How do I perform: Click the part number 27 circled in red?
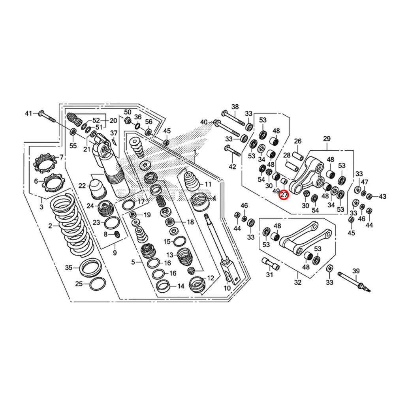284,194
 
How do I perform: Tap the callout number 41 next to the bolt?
28,114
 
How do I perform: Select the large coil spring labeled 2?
71,225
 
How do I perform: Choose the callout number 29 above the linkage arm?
327,139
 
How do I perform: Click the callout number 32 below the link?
297,282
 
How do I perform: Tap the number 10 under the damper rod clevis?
227,288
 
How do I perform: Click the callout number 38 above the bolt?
235,107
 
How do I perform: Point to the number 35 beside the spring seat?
69,268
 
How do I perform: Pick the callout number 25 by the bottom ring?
79,284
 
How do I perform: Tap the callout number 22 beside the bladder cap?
82,186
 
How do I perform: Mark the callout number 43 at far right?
382,196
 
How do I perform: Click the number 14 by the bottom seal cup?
181,286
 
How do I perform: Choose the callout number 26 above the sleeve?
297,141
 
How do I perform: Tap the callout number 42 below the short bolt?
232,167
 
